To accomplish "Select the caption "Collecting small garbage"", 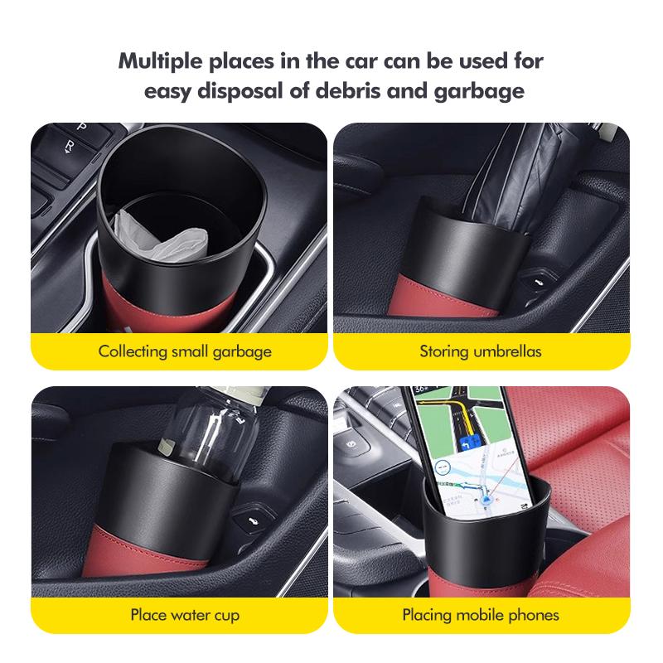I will (185, 351).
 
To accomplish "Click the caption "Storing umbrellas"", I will (480, 351).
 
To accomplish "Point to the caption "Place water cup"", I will (185, 615).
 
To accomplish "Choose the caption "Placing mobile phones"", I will (480, 615).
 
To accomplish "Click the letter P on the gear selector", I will (80, 127).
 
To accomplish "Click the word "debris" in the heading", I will (350, 90).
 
